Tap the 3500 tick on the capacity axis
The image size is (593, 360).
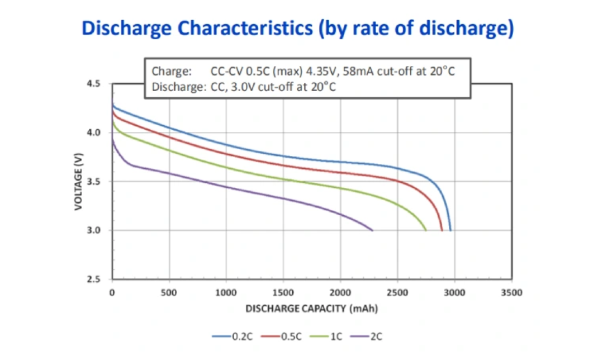click(x=511, y=292)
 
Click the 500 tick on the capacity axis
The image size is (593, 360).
click(x=169, y=292)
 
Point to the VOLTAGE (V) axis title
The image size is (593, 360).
click(x=78, y=182)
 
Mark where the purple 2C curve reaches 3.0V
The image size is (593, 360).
click(x=373, y=230)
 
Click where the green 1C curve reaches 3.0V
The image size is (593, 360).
click(x=426, y=230)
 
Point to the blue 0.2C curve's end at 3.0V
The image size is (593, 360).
click(x=450, y=230)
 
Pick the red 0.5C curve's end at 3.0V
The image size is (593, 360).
click(x=442, y=230)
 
